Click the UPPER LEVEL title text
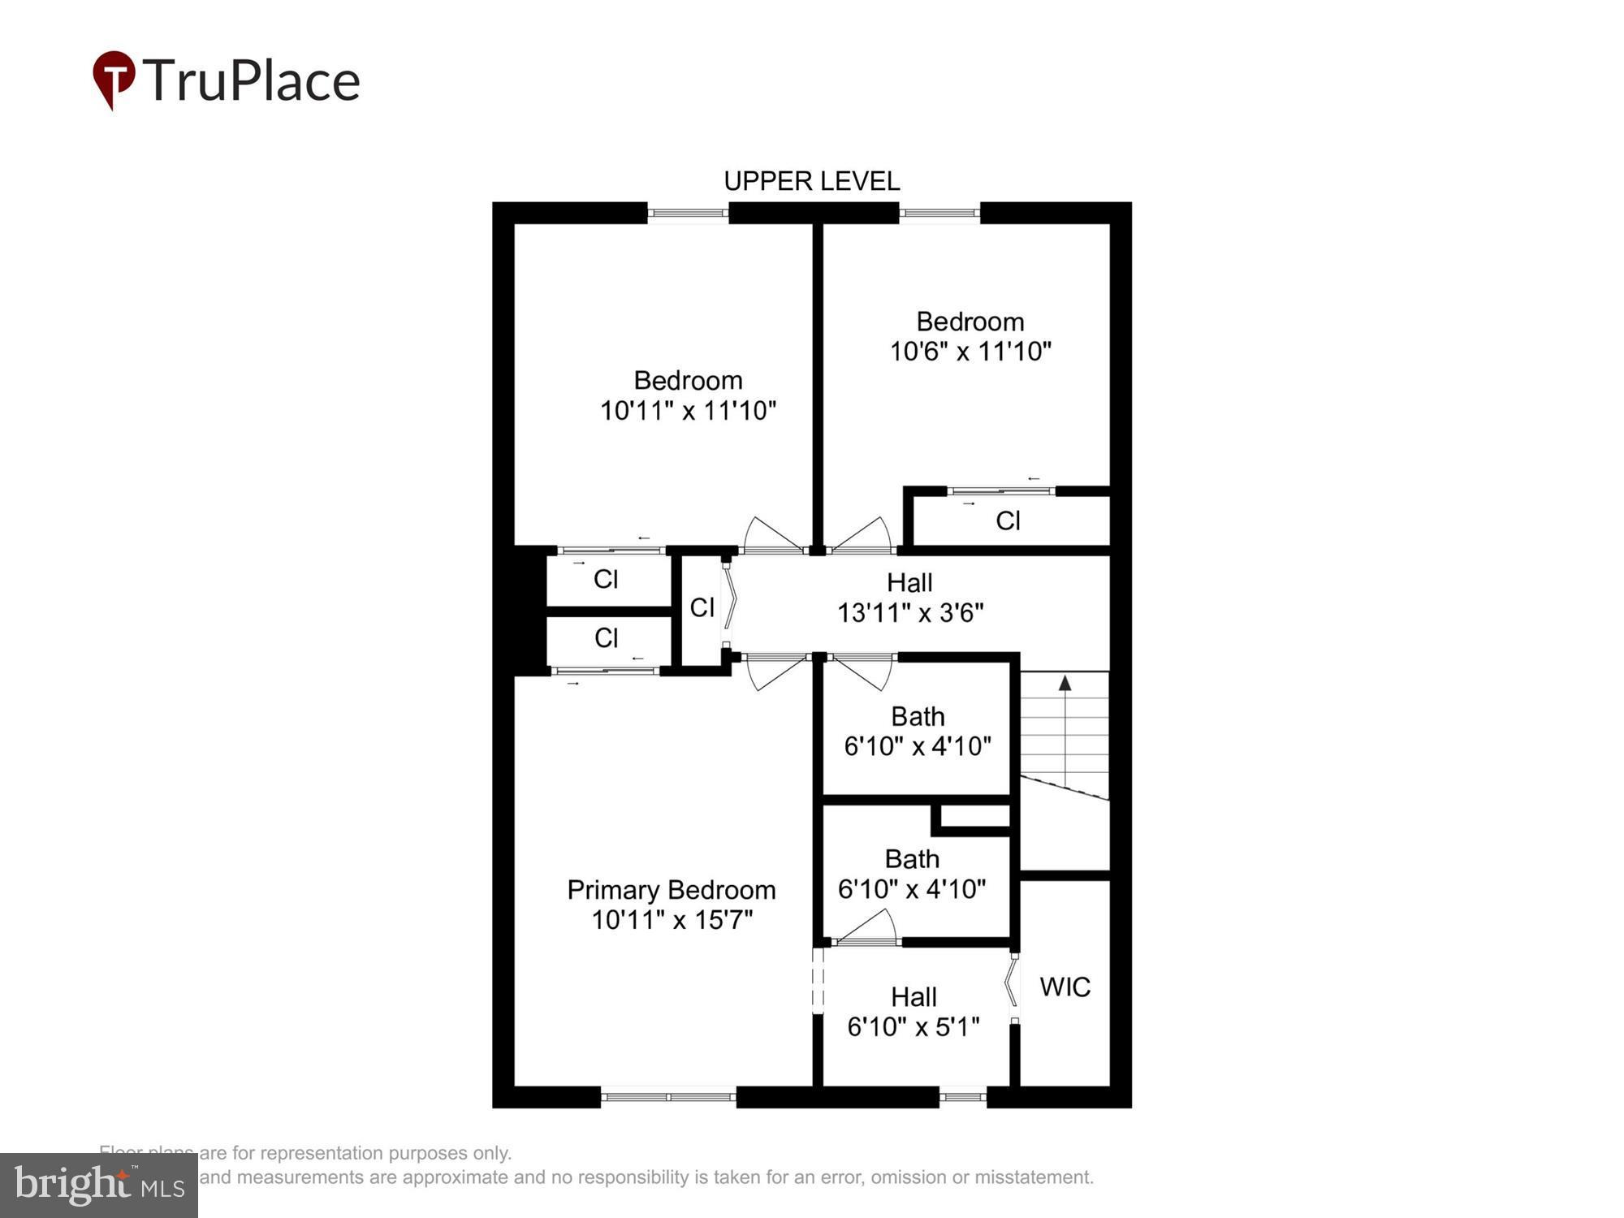[x=811, y=181]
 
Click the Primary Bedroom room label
[x=671, y=890]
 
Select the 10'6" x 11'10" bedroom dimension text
[x=970, y=352]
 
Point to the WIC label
[x=1065, y=987]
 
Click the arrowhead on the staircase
[x=1065, y=684]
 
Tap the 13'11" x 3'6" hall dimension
[x=909, y=612]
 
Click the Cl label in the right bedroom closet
[x=1008, y=520]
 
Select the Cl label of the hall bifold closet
[x=702, y=607]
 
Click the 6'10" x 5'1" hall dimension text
[x=914, y=1027]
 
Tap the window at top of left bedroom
[x=688, y=213]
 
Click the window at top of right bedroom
[x=939, y=213]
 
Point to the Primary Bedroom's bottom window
[x=668, y=1097]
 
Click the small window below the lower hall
[x=962, y=1097]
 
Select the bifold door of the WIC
[x=1013, y=987]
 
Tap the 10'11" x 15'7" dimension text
[x=672, y=920]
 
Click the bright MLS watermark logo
[x=98, y=1186]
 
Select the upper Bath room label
[x=918, y=716]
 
